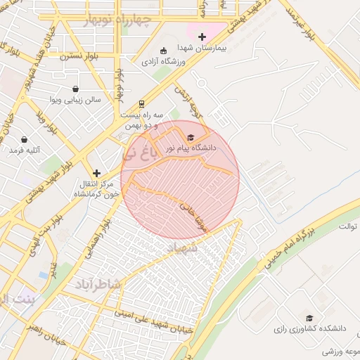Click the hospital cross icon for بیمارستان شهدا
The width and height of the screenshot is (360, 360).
pyautogui.click(x=202, y=37)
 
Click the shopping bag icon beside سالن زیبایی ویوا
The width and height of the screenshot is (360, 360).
pyautogui.click(x=76, y=89)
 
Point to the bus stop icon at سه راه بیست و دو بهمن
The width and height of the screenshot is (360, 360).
pyautogui.click(x=141, y=103)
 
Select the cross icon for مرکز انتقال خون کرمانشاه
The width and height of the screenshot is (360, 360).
pyautogui.click(x=97, y=172)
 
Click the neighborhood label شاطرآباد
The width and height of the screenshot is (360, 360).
pyautogui.click(x=97, y=284)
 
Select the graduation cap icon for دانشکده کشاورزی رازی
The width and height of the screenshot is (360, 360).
pyautogui.click(x=309, y=318)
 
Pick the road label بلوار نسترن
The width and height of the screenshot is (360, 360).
pyautogui.click(x=78, y=55)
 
